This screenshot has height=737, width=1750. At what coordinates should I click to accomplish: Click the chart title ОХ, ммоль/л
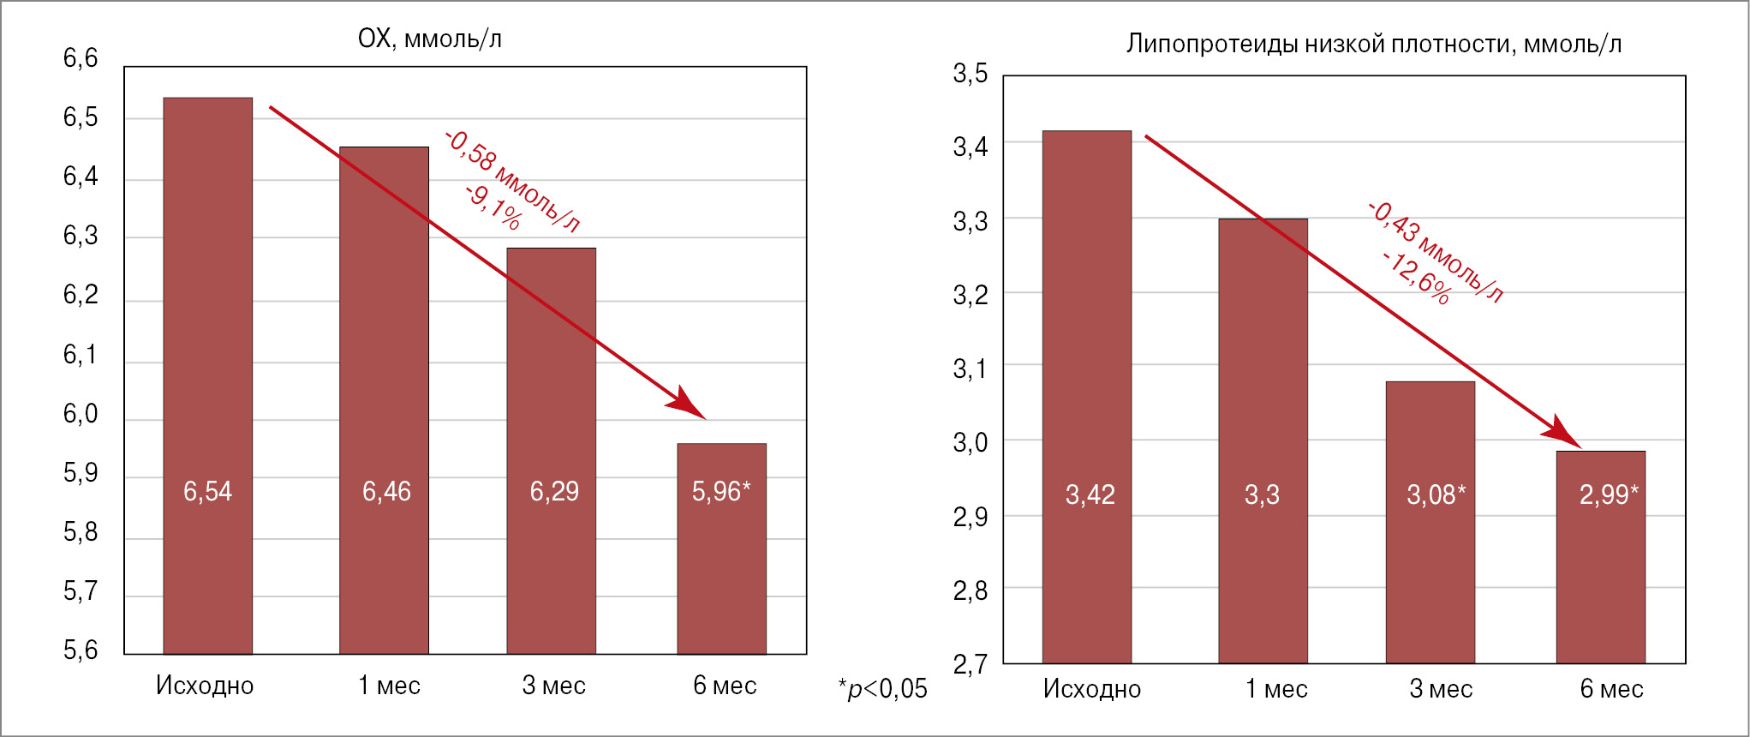point(429,39)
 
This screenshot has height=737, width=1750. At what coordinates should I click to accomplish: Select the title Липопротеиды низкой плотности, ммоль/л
point(1373,45)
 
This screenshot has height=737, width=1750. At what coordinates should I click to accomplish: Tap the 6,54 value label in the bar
point(207,492)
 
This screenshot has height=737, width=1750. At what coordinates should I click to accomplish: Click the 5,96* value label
point(721,492)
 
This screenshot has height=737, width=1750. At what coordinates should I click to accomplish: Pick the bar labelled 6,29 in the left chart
point(551,386)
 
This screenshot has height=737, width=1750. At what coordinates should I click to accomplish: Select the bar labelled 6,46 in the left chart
point(384,343)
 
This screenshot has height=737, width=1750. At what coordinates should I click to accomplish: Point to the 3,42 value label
point(1090,495)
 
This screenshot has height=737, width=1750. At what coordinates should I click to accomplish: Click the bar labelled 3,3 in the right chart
point(1263,386)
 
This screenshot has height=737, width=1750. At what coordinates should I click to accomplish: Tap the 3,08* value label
point(1436,495)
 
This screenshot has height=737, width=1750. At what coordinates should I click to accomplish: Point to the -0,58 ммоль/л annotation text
point(513,181)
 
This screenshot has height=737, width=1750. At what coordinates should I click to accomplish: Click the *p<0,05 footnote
point(882,689)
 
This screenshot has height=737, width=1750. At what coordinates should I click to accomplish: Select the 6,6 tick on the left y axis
point(81,58)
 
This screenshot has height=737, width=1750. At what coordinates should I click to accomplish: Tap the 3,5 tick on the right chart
point(970,74)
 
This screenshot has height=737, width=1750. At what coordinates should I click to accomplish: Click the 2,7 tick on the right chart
point(970,664)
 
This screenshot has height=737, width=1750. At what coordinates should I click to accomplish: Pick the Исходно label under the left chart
point(205,686)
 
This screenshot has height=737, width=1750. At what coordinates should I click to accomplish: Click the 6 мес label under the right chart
point(1611,689)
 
